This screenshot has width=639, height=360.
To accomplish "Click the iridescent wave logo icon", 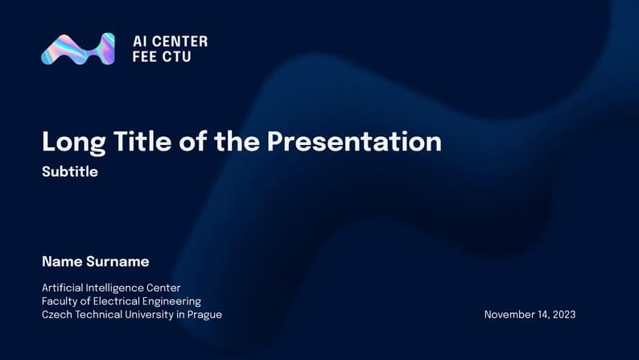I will coord(78,49).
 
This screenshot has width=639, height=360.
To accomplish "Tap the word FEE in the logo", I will coord(145,57).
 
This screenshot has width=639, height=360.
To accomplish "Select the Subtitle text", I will coord(70,172).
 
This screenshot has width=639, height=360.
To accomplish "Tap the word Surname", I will coord(118,262).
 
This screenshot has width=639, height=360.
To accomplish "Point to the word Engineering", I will coord(174,301).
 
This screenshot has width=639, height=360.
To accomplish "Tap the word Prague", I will coord(204,315).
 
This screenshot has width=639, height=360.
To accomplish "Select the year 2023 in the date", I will coord(563,315).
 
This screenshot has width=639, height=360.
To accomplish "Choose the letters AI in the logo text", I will coord(138,41).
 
